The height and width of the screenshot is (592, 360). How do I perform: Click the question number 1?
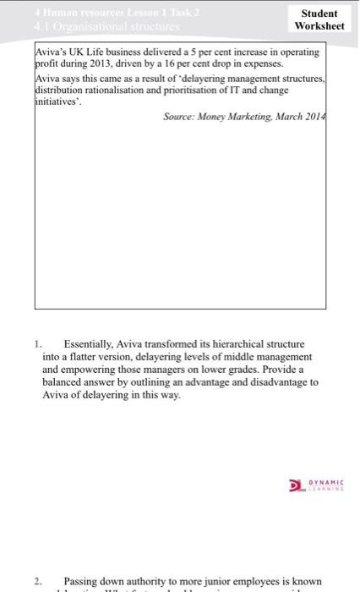click(37, 344)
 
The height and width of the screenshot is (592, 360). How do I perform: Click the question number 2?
click(37, 581)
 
